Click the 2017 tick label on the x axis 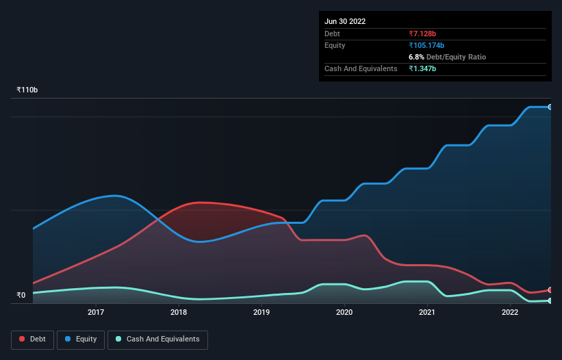pos(95,312)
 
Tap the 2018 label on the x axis pos(178,312)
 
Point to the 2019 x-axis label pos(261,312)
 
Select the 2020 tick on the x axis pos(344,312)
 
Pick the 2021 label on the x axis pos(427,312)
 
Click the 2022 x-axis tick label pos(510,312)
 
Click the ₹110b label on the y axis pos(27,90)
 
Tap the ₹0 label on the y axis pos(21,296)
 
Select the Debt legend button pos(32,339)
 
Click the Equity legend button pos(81,339)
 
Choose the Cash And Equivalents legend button pos(157,339)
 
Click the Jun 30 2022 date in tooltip pos(345,21)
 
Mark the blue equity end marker pos(550,107)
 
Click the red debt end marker pos(550,290)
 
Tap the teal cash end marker pos(550,300)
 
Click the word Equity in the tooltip pos(335,45)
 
